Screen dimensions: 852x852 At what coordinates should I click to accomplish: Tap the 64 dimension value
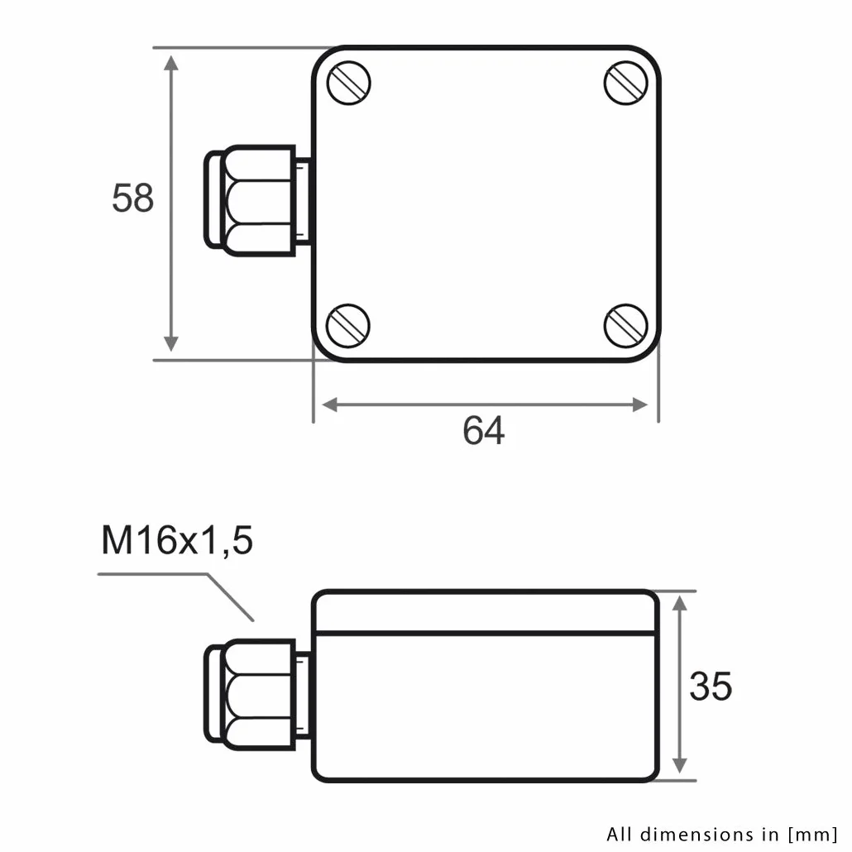[484, 430]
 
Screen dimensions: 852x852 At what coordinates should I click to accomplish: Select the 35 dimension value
[711, 686]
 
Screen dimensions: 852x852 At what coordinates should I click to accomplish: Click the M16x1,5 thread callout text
[177, 540]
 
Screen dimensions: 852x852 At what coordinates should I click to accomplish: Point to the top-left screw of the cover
[349, 84]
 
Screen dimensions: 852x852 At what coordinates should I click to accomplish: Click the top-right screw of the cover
[626, 84]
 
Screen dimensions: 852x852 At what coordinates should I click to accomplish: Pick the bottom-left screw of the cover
[348, 325]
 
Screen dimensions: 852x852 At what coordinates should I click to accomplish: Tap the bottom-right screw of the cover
[626, 326]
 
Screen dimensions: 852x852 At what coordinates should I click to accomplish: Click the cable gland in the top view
[257, 200]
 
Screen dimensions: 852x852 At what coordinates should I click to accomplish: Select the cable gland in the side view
[257, 695]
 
